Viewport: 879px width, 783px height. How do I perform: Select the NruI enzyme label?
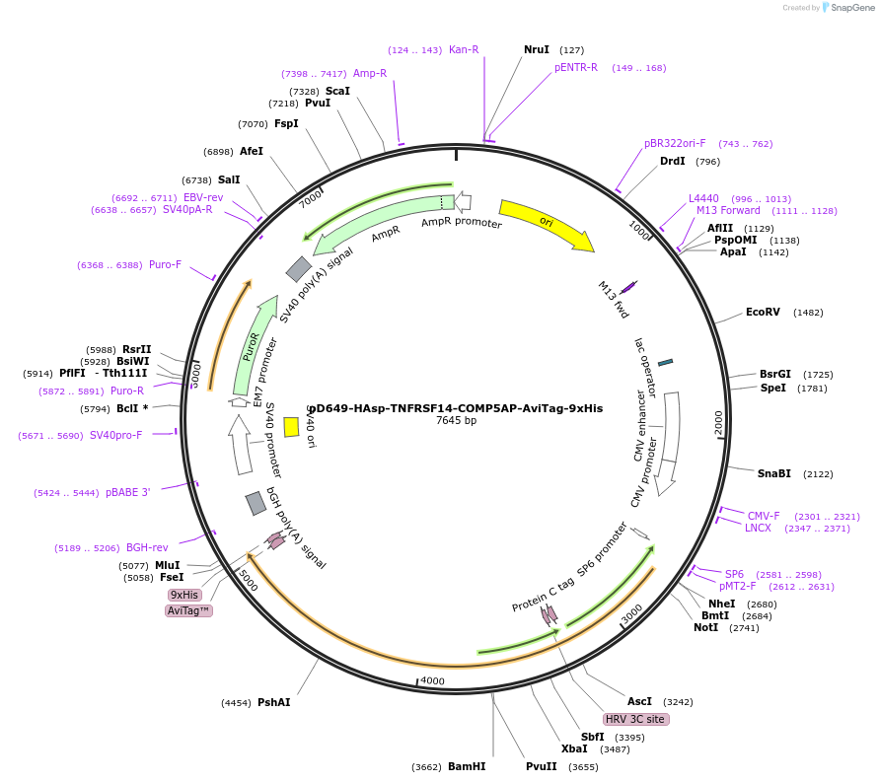click(537, 49)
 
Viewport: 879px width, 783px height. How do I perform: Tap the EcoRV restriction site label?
click(763, 313)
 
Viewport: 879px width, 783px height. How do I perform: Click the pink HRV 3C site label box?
click(636, 720)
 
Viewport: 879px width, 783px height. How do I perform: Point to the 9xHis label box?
click(184, 595)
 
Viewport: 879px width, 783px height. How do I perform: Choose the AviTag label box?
click(188, 611)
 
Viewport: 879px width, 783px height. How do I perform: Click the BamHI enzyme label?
click(467, 766)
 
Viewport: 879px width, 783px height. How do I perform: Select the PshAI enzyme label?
click(274, 703)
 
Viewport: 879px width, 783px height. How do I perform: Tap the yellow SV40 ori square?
click(291, 426)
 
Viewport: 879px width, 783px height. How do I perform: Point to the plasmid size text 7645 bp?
click(456, 420)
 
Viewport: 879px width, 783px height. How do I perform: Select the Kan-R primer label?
click(464, 49)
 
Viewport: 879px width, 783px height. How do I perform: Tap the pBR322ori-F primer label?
click(675, 144)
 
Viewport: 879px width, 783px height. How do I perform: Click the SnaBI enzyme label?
click(774, 473)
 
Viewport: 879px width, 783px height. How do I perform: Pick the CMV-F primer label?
click(764, 516)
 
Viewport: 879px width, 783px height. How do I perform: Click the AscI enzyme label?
click(639, 701)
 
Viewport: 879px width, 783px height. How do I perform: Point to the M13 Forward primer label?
click(728, 210)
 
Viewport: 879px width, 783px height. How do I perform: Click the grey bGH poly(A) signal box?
click(256, 503)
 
